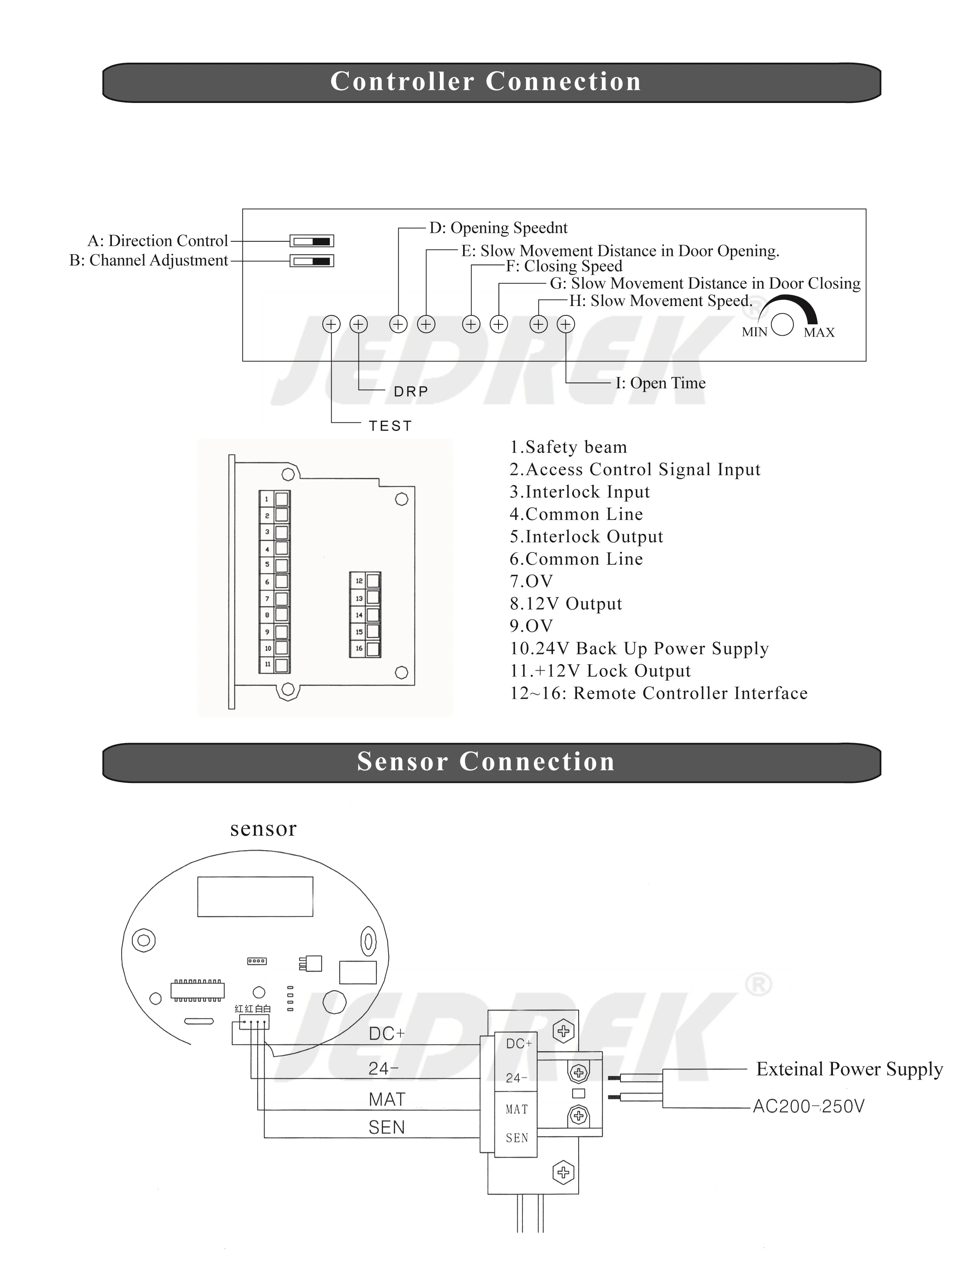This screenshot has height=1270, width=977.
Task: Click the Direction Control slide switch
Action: pos(312,241)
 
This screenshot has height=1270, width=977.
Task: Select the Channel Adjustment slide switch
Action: pos(312,261)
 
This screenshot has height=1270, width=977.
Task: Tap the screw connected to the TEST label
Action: pos(332,324)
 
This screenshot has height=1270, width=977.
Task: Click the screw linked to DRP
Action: pos(359,324)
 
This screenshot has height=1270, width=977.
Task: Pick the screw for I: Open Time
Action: pos(566,324)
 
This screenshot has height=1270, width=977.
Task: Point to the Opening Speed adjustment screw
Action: pos(398,324)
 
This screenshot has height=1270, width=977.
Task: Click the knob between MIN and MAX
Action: pos(783,324)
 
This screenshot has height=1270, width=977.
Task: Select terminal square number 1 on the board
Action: pos(282,499)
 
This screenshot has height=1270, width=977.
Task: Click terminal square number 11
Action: pos(282,665)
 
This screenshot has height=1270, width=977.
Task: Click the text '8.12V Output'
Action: pos(566,603)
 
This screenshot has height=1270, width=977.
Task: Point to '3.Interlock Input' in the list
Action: pos(580,492)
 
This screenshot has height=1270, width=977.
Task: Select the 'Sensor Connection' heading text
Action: pos(485,762)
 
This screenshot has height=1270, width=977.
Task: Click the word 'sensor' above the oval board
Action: pos(263,828)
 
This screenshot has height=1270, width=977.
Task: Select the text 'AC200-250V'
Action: pos(809,1106)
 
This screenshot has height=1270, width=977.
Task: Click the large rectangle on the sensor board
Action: pos(255,897)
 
